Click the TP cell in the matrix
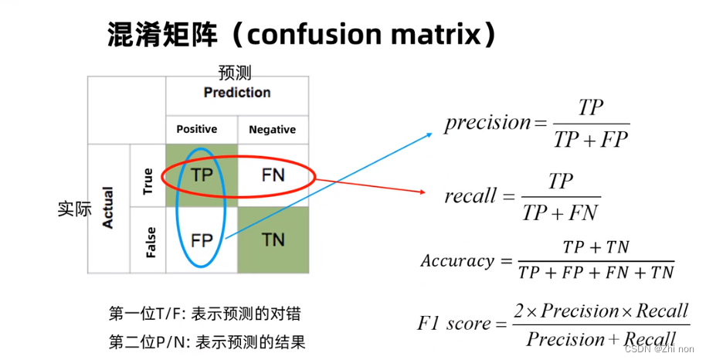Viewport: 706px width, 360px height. (x=202, y=175)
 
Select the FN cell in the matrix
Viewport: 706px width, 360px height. (x=273, y=175)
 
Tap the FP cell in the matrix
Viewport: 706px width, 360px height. (x=202, y=239)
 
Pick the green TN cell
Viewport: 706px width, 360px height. (x=273, y=239)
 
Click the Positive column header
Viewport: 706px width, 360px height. (x=197, y=129)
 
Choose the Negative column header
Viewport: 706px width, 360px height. (x=272, y=130)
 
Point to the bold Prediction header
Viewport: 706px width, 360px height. (x=237, y=93)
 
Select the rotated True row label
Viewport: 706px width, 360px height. (x=149, y=181)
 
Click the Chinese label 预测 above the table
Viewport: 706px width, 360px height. (x=235, y=73)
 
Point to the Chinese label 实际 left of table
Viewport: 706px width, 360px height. (x=74, y=209)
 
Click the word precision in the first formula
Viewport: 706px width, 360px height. (x=487, y=124)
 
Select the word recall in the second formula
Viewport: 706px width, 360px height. (x=470, y=196)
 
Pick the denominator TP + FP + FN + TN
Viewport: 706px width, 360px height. (x=596, y=273)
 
